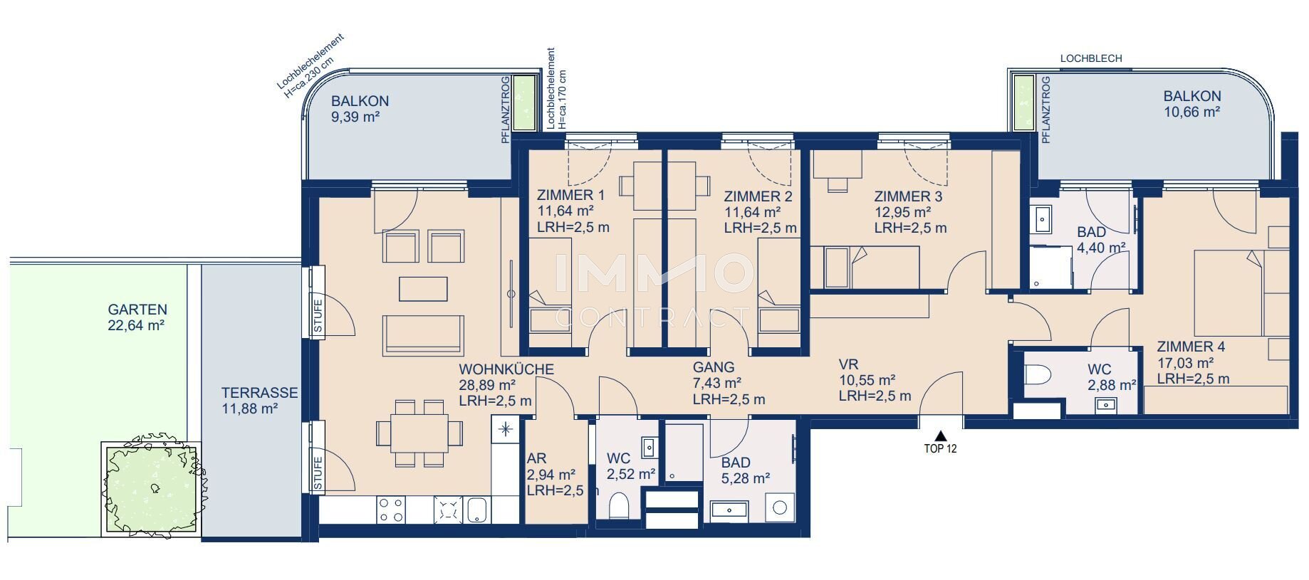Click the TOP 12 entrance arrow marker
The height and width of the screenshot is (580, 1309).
[940, 436]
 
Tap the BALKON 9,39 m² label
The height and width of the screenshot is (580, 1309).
[360, 109]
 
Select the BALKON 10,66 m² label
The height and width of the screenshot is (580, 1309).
[1192, 104]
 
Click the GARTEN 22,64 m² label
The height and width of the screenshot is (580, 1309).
[137, 317]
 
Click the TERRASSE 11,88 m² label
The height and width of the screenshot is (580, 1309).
[259, 401]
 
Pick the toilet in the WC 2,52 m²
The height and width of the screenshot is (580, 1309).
[619, 505]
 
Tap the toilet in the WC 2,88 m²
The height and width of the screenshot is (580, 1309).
[1039, 375]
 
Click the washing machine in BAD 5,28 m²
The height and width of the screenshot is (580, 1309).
[780, 507]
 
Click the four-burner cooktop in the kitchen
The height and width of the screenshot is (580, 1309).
[392, 510]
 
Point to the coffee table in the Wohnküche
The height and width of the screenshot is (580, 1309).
[423, 289]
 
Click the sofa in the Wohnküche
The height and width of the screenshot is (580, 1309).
[423, 335]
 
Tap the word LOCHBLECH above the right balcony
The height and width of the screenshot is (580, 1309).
[1090, 58]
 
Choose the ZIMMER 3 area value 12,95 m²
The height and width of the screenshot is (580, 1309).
[903, 212]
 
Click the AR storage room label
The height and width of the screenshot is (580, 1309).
[536, 459]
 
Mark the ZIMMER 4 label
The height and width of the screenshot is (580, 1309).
[1191, 347]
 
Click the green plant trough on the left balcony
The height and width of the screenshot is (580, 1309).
[526, 102]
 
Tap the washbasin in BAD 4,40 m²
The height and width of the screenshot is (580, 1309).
[1043, 219]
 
